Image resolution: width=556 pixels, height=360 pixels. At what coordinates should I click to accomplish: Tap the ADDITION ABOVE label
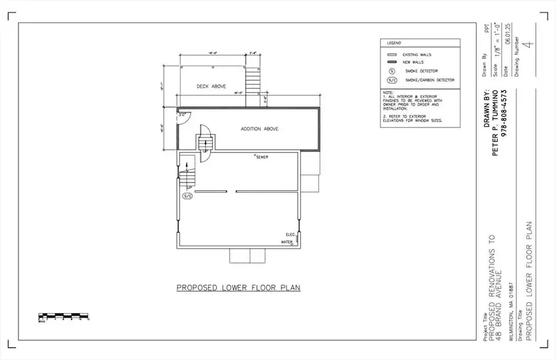pyautogui.click(x=259, y=129)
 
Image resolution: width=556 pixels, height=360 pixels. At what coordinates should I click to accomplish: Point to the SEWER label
pyautogui.click(x=262, y=157)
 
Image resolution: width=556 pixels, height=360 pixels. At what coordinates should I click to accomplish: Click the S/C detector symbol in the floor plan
pyautogui.click(x=187, y=196)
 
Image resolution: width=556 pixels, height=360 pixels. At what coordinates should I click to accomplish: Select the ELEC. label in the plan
pyautogui.click(x=290, y=235)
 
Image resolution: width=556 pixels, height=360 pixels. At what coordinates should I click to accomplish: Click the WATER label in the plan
pyautogui.click(x=287, y=242)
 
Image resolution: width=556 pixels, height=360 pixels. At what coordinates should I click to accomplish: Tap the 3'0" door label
pyautogui.click(x=182, y=114)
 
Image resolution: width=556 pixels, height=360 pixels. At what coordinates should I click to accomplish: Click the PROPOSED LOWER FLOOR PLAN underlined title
pyautogui.click(x=238, y=288)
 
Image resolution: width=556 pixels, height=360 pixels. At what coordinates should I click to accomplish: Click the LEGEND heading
pyautogui.click(x=394, y=43)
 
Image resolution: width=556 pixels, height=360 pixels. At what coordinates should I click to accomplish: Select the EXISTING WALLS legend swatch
pyautogui.click(x=392, y=55)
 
